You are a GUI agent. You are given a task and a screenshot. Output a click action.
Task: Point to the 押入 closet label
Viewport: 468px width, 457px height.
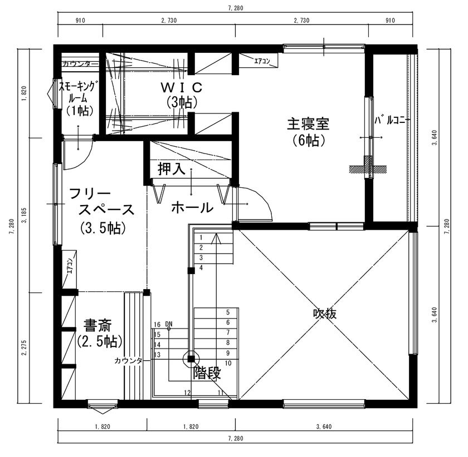click(171, 170)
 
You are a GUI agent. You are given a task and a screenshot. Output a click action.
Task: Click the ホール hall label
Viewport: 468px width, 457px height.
click(192, 208)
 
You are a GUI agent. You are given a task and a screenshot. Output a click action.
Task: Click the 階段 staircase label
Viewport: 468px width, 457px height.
click(207, 373)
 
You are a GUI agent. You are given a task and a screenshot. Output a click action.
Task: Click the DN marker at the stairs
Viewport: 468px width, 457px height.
click(169, 324)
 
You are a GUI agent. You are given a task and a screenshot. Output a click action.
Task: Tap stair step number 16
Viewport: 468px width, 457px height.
click(157, 324)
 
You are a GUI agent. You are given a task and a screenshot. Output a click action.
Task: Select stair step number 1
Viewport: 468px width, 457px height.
click(200, 237)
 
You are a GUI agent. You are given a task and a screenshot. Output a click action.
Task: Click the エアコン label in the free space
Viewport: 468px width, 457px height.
click(70, 267)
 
